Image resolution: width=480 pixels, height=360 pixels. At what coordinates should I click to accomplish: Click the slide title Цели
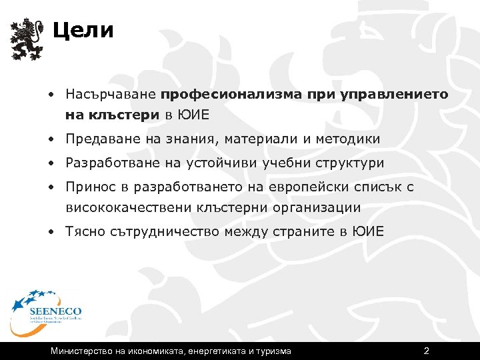click(83, 31)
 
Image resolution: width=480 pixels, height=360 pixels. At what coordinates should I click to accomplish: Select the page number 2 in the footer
click(427, 351)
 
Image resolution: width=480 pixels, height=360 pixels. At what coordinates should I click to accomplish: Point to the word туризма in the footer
click(273, 351)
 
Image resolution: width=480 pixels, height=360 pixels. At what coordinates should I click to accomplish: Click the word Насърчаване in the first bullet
click(111, 95)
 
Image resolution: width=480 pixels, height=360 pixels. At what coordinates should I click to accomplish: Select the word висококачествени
click(129, 207)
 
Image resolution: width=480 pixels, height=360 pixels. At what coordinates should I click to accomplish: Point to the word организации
click(317, 207)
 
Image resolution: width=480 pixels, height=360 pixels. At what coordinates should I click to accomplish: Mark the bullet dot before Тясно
click(51, 231)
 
